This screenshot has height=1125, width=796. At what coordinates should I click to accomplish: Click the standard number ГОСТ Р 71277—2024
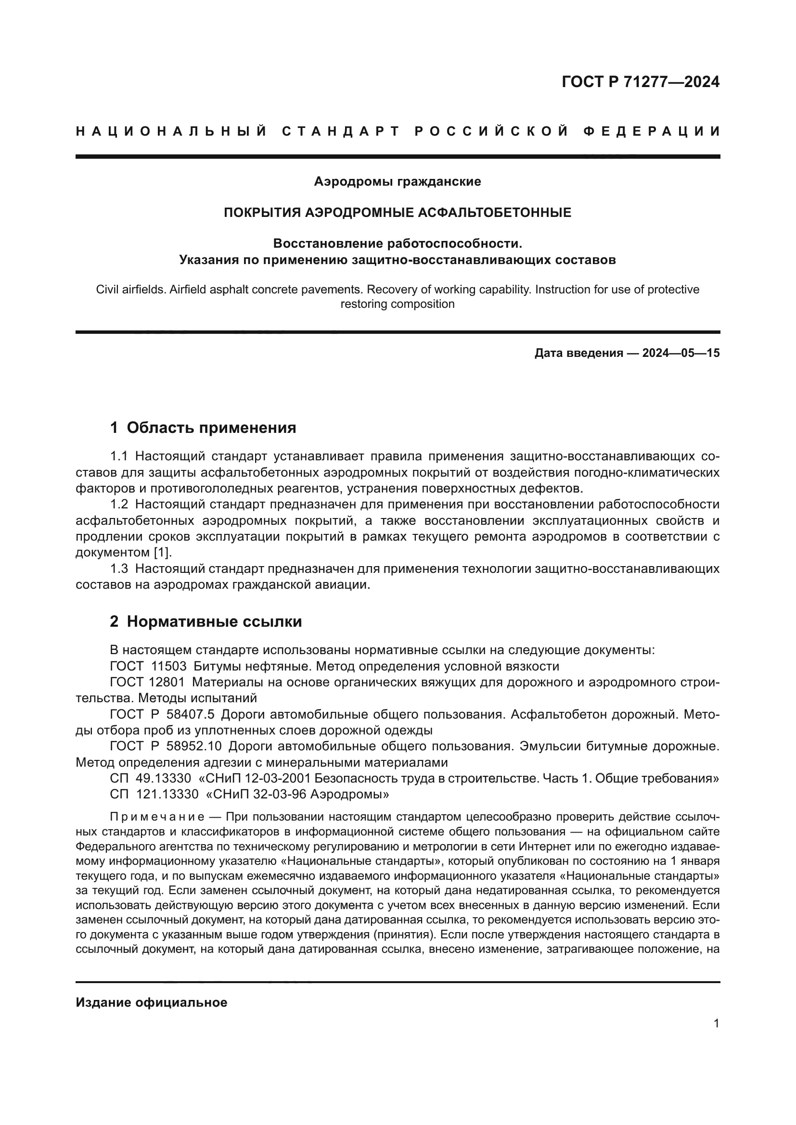[x=641, y=82]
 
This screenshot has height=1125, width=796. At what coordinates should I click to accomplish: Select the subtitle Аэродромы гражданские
[x=398, y=182]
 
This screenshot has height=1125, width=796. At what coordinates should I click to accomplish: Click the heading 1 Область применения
[x=203, y=428]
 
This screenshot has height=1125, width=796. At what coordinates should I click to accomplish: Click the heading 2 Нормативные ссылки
[x=206, y=622]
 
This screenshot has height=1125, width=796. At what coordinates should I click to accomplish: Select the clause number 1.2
[x=119, y=504]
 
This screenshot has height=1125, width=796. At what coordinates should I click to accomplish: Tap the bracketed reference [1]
[x=162, y=552]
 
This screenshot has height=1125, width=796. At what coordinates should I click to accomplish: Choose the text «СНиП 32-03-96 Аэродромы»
[x=297, y=794]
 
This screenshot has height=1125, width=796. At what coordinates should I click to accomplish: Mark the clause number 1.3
[x=119, y=569]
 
